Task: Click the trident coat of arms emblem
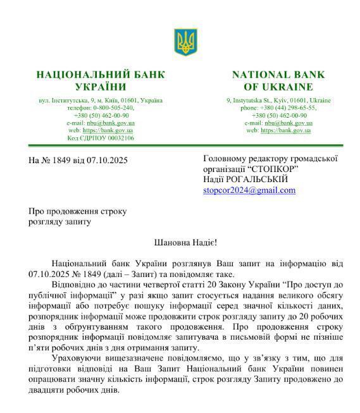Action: (185, 41)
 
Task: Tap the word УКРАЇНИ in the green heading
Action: (101, 87)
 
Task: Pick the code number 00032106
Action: (116, 138)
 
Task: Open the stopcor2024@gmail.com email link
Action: (249, 190)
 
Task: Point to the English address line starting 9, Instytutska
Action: (278, 101)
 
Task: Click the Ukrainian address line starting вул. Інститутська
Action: (101, 101)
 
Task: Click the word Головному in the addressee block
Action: (225, 159)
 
